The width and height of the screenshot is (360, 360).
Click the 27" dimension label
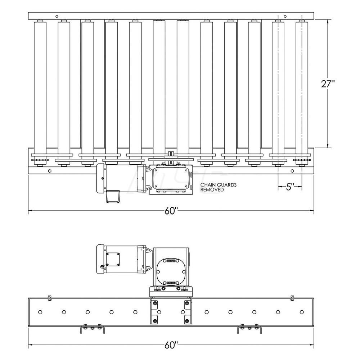pos(328,84)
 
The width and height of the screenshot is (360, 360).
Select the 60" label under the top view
pos(171,211)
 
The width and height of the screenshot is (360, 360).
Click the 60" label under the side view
pos(171,345)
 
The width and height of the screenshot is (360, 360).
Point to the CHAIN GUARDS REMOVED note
pos(213,187)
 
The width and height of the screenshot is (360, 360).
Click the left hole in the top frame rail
pos(57,16)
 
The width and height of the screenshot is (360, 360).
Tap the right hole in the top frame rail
pos(285,16)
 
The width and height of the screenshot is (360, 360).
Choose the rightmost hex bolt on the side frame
pos(302,312)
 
